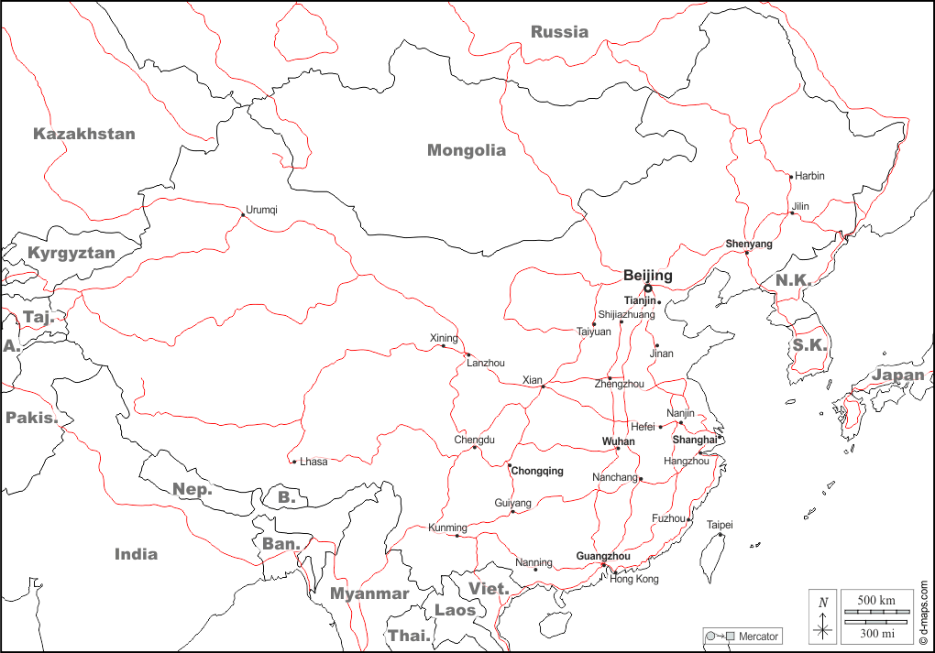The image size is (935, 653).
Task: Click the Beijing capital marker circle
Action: pyautogui.click(x=648, y=288)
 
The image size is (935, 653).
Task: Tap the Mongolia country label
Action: pyautogui.click(x=467, y=151)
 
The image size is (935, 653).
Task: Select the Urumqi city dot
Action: pyautogui.click(x=243, y=215)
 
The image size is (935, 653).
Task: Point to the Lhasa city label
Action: pyautogui.click(x=313, y=462)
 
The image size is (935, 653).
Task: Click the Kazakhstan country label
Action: pyautogui.click(x=84, y=134)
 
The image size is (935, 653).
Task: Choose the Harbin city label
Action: pyautogui.click(x=809, y=176)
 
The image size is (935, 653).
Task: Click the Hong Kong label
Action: pyautogui.click(x=634, y=580)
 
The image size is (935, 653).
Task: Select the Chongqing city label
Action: pyautogui.click(x=537, y=472)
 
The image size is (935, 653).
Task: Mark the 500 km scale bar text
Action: pyautogui.click(x=876, y=600)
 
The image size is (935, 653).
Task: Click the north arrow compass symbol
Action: pyautogui.click(x=823, y=617)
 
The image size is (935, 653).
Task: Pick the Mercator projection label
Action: pyautogui.click(x=759, y=637)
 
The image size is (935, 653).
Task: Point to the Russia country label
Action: pyautogui.click(x=559, y=32)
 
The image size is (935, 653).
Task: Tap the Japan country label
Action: pyautogui.click(x=897, y=375)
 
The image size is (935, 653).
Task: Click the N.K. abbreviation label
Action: pyautogui.click(x=794, y=279)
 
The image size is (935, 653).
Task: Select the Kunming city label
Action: pyautogui.click(x=447, y=528)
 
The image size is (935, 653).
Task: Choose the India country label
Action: pyautogui.click(x=136, y=554)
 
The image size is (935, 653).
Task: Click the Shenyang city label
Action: pyautogui.click(x=749, y=244)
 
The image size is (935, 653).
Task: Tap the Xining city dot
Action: pyautogui.click(x=443, y=345)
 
